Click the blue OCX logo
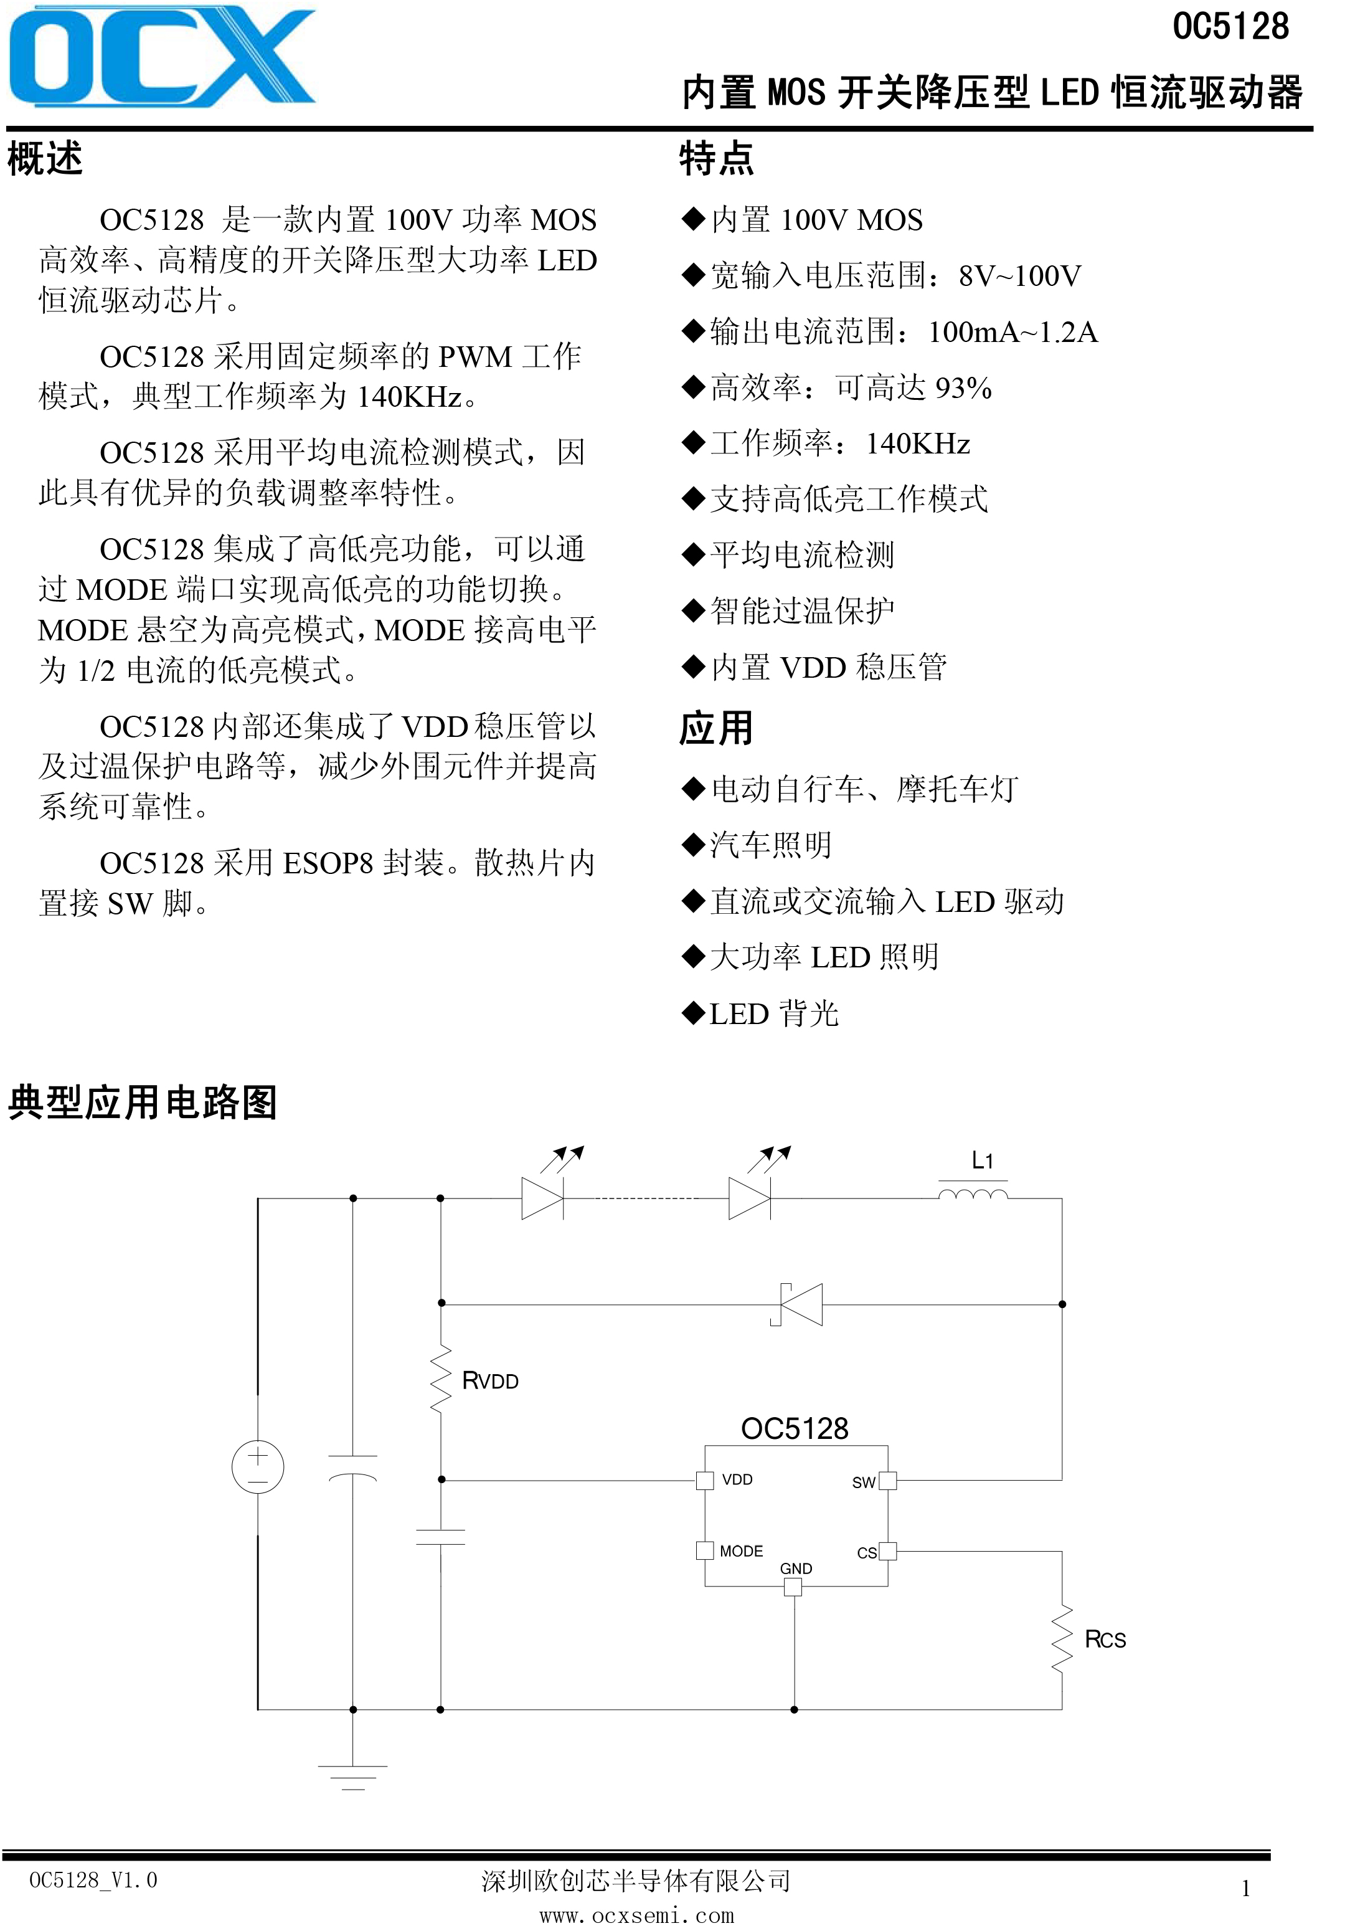(161, 55)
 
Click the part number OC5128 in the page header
(1230, 27)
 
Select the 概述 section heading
(45, 158)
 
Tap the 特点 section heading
(717, 158)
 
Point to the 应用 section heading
(716, 728)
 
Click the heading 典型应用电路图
(142, 1102)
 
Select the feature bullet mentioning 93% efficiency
(851, 387)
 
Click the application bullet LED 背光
(774, 1013)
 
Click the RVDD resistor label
(491, 1380)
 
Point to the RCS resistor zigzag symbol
(1062, 1638)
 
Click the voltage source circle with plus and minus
(258, 1467)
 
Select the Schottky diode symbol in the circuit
(797, 1304)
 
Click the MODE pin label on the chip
(742, 1551)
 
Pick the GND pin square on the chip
(793, 1587)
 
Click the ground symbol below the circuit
(353, 1777)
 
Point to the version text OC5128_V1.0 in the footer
(93, 1881)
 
